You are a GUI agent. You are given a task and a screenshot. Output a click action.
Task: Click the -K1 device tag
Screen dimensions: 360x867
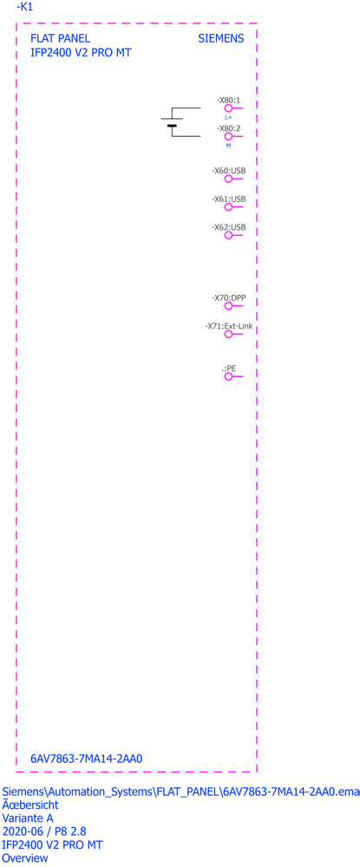25,7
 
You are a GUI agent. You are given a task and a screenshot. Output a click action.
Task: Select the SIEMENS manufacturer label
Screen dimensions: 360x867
220,39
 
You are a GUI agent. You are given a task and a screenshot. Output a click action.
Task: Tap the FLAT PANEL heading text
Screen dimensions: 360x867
60,39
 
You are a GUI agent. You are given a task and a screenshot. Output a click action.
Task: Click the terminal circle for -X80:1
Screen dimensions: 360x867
228,109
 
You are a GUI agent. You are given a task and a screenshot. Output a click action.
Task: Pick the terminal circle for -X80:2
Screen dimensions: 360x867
228,136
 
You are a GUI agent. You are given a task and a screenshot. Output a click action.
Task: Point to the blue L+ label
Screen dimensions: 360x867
228,118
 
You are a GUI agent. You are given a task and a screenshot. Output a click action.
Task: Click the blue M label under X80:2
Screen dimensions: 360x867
228,146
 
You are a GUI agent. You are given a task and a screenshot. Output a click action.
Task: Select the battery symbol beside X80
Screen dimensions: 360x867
172,122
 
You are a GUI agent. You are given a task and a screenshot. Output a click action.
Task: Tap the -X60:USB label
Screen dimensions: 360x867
229,171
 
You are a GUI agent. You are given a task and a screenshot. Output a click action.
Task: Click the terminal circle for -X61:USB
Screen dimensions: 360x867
228,207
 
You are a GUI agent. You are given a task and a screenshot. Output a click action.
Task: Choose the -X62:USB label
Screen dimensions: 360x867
229,227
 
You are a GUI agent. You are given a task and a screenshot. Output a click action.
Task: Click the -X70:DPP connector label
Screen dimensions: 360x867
229,298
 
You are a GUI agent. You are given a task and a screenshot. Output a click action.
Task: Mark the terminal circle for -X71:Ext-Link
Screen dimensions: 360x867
228,335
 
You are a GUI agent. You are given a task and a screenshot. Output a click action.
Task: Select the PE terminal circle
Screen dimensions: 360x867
228,376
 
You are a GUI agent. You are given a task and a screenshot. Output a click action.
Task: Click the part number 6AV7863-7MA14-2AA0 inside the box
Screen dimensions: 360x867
87,759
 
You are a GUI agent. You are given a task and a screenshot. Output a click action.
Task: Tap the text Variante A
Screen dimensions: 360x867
29,818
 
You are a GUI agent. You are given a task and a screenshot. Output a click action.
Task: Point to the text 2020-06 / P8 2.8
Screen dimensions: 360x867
44,831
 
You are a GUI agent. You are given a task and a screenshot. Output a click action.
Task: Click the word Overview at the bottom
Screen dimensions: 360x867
25,858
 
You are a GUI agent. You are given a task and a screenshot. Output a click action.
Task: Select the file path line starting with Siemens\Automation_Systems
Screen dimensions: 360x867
180,792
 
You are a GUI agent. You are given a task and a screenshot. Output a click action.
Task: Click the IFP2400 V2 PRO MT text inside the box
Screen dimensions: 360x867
82,53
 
